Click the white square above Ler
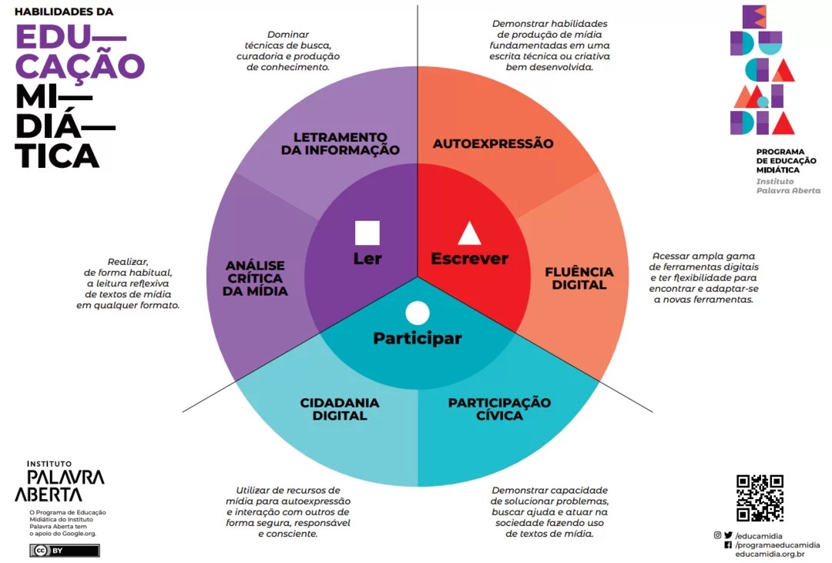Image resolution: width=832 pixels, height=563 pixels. coord(367,233)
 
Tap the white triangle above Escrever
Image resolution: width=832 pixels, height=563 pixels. coord(470,233)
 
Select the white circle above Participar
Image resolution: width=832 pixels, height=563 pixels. coord(418,313)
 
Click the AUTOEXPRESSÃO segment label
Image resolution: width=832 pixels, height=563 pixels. coord(493,143)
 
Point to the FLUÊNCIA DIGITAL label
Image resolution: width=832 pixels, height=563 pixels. coord(579,278)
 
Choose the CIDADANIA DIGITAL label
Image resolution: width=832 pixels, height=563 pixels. coord(340,409)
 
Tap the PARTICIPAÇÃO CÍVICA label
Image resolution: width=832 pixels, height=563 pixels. coord(499,409)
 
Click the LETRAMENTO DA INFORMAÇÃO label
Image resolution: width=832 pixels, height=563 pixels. coord(341,144)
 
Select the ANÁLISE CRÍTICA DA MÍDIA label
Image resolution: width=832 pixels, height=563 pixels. coord(255,278)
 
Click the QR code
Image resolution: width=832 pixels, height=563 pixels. coord(760,498)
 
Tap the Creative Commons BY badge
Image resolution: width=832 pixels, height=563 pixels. coord(64,550)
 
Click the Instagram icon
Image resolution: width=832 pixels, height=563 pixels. coord(717,535)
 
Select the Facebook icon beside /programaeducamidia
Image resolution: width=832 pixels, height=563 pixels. coord(728,545)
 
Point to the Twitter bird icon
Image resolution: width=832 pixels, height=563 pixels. coord(728,535)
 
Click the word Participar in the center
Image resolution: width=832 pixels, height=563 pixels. coord(418,338)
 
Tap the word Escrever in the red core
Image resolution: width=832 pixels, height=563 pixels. coord(470,259)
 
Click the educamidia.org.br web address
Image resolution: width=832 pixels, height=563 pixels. coord(770,555)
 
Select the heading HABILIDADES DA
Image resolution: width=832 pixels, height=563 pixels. coord(64,12)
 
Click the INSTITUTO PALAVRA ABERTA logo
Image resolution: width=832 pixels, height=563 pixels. coord(59,482)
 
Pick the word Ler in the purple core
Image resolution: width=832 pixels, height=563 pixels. coord(367,259)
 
